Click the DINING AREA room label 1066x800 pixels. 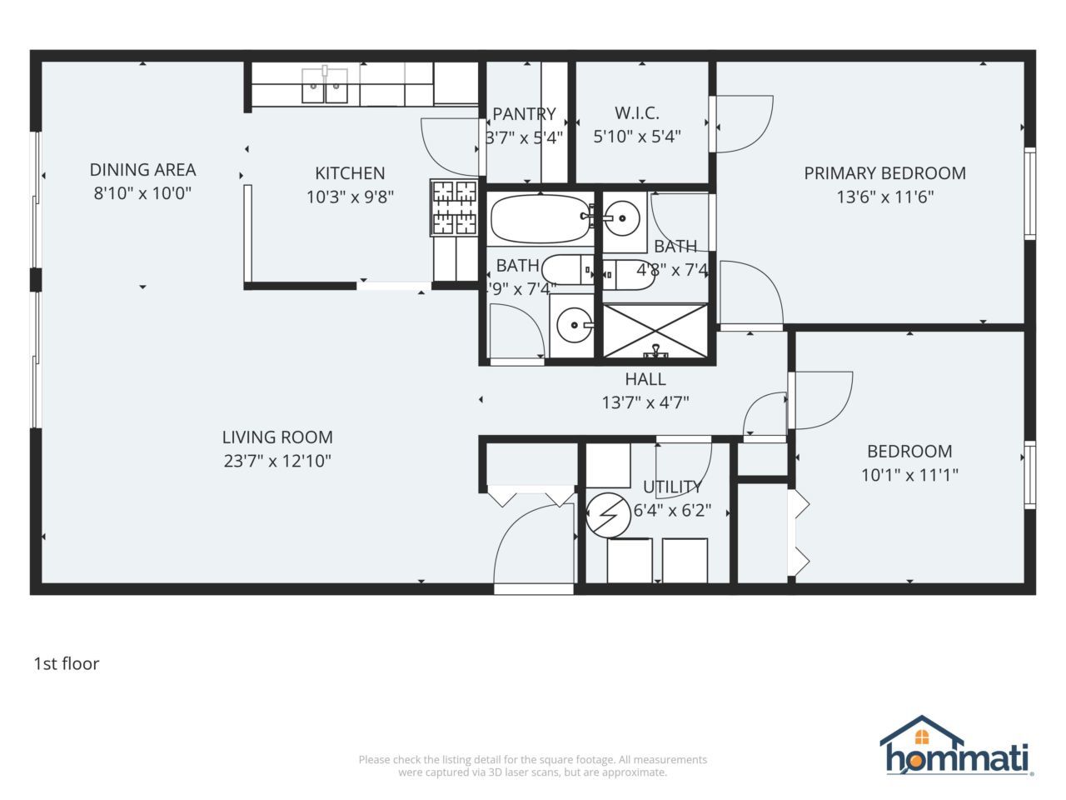[x=142, y=170]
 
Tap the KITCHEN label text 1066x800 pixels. [x=350, y=173]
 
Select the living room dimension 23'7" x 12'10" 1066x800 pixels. [x=277, y=461]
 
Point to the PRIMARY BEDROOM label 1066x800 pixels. [x=884, y=173]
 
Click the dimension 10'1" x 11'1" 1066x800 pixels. [x=909, y=475]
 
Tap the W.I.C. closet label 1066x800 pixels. [x=637, y=113]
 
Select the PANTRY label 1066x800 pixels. [x=524, y=114]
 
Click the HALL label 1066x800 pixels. [x=645, y=379]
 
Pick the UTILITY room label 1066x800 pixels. [x=672, y=487]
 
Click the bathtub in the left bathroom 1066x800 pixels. [x=540, y=219]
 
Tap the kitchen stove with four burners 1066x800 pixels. [x=454, y=207]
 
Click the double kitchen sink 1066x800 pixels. [x=325, y=86]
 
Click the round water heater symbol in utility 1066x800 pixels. [x=609, y=517]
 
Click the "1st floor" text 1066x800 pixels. [x=67, y=664]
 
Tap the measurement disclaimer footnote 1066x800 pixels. [x=533, y=766]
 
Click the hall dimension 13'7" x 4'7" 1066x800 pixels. [x=645, y=403]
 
